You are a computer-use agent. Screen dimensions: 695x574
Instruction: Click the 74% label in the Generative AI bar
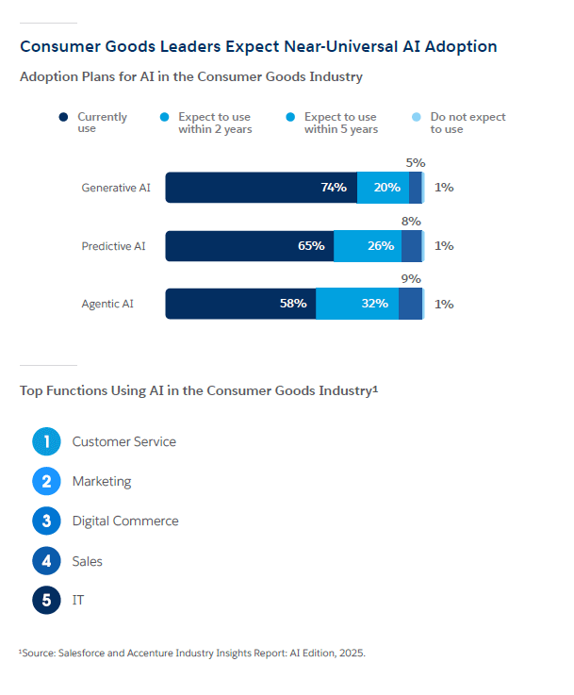tap(334, 188)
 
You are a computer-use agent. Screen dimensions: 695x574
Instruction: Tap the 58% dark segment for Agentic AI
tap(240, 304)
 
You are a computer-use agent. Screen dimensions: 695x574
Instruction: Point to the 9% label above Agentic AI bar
tap(411, 279)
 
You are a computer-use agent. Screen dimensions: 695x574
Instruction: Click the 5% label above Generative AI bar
tap(415, 163)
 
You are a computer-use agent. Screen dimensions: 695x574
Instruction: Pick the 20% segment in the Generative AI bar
tap(385, 188)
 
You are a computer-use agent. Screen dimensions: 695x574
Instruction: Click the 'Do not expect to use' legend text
tap(467, 123)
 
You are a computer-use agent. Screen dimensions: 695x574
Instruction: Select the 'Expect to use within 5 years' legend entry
tap(340, 123)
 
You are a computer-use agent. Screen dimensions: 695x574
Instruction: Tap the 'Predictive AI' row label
tap(113, 246)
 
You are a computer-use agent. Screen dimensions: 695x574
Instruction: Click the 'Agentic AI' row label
tap(107, 304)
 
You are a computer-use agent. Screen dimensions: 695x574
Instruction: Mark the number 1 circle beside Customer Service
tap(46, 441)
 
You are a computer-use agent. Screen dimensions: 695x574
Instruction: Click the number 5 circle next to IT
tap(46, 600)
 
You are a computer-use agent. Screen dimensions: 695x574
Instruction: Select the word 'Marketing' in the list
tap(102, 481)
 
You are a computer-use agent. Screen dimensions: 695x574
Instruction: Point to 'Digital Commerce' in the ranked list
tap(125, 521)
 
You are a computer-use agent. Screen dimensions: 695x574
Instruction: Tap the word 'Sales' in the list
tap(88, 561)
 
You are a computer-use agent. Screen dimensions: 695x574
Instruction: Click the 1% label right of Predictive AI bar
tap(444, 246)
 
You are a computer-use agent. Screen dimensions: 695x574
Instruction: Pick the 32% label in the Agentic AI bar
tap(374, 304)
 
